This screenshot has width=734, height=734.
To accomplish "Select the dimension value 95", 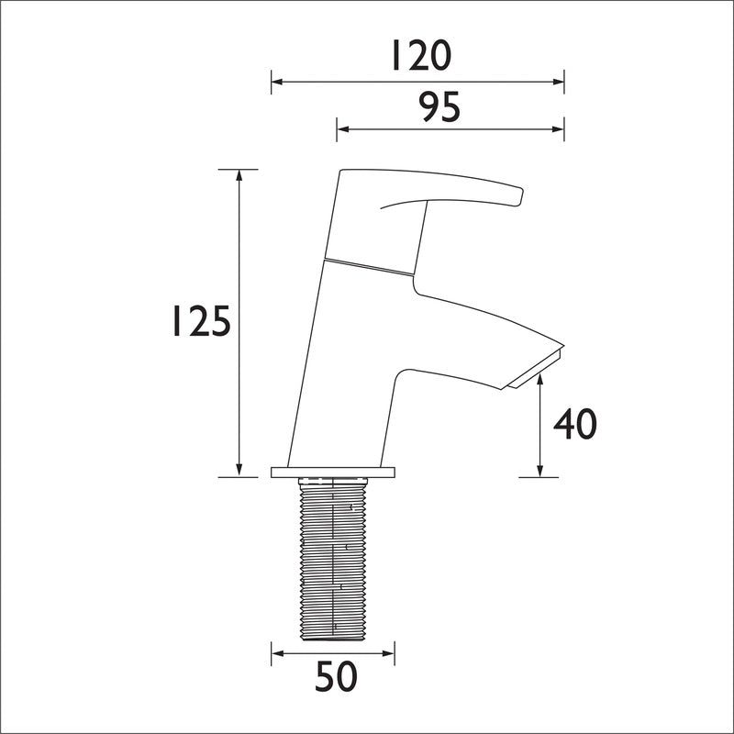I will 439,107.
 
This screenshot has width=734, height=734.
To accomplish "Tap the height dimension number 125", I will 200,322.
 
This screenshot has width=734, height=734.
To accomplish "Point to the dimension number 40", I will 575,424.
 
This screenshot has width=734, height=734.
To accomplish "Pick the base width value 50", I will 336,679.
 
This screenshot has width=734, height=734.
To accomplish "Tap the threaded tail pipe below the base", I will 334,560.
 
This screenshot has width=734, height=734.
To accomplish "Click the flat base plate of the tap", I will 333,473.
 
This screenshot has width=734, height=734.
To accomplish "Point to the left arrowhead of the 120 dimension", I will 275,83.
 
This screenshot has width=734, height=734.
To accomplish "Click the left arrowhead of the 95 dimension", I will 341,128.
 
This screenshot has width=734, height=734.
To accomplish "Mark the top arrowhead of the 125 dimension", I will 239,174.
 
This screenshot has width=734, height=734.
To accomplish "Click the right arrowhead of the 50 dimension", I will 390,653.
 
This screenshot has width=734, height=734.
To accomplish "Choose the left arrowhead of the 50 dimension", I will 276,653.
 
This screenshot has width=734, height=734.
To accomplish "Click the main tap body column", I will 344,367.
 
